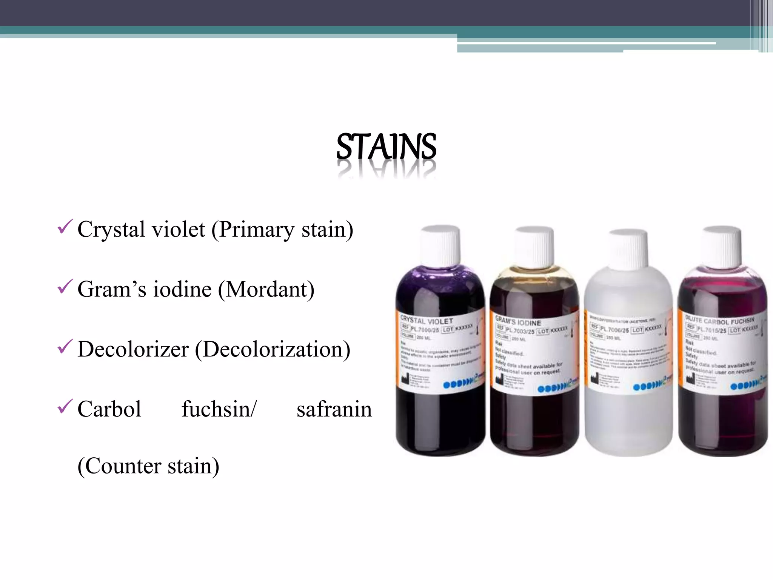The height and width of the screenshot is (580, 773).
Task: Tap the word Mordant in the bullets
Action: click(x=269, y=290)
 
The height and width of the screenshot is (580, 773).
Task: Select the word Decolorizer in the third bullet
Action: click(x=133, y=349)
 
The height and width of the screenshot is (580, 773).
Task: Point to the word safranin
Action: click(x=334, y=409)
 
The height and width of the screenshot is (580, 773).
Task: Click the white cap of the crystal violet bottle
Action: click(x=440, y=245)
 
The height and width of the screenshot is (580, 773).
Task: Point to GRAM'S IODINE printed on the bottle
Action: click(x=518, y=321)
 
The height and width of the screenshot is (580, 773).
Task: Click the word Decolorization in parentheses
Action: click(x=273, y=349)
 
